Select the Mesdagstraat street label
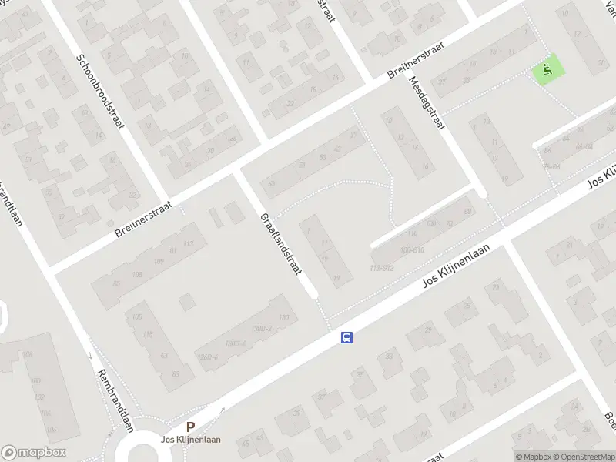point(428,103)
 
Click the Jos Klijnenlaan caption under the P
point(190,440)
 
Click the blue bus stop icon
point(347,337)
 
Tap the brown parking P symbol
point(190,427)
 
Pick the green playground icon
point(548,71)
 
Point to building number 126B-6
point(209,357)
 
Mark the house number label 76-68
point(552,166)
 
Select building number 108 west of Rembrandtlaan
point(28,355)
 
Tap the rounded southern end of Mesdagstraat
point(481,192)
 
